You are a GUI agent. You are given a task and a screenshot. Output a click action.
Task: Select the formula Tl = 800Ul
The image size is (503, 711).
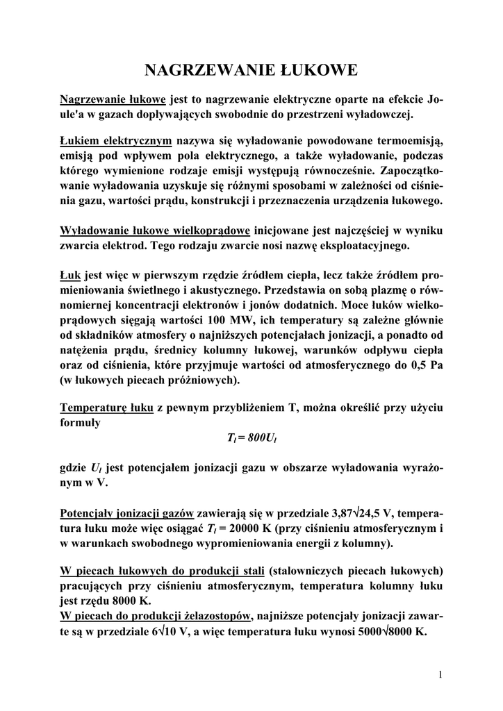click(x=251, y=437)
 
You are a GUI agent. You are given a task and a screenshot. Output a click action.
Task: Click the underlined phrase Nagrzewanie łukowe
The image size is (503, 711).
click(x=113, y=99)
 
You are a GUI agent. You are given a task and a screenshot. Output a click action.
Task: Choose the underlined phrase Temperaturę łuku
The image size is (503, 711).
click(x=107, y=408)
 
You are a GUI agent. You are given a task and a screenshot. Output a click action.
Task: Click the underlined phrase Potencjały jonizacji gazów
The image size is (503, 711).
click(x=127, y=515)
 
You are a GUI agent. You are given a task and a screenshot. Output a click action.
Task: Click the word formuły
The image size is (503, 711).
click(x=81, y=422)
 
